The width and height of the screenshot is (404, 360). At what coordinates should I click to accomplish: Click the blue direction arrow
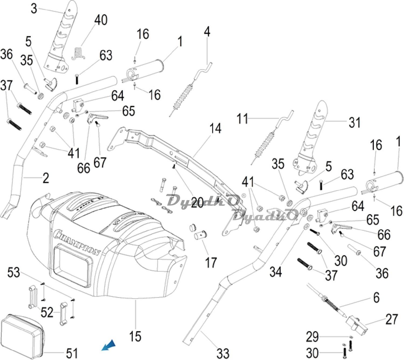(x=109, y=345)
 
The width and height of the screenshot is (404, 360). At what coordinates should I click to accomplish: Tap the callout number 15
(x=135, y=336)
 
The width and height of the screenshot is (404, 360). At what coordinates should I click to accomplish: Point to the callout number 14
(x=215, y=129)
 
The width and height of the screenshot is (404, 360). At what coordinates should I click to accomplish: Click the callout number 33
(x=223, y=353)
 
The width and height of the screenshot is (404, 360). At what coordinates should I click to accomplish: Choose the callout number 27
(x=392, y=319)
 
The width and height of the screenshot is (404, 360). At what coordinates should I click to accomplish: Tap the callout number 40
(x=101, y=20)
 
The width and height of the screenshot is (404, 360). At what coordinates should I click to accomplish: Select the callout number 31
(x=354, y=123)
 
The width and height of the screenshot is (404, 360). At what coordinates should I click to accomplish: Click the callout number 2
(x=46, y=178)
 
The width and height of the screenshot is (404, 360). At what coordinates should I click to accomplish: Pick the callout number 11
(x=242, y=119)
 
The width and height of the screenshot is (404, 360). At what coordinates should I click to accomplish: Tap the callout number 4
(x=207, y=32)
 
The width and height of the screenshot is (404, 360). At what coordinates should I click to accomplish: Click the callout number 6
(x=376, y=297)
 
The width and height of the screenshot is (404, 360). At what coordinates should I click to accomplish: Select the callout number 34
(x=276, y=272)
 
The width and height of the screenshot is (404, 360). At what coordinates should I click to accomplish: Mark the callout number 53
(x=13, y=272)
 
